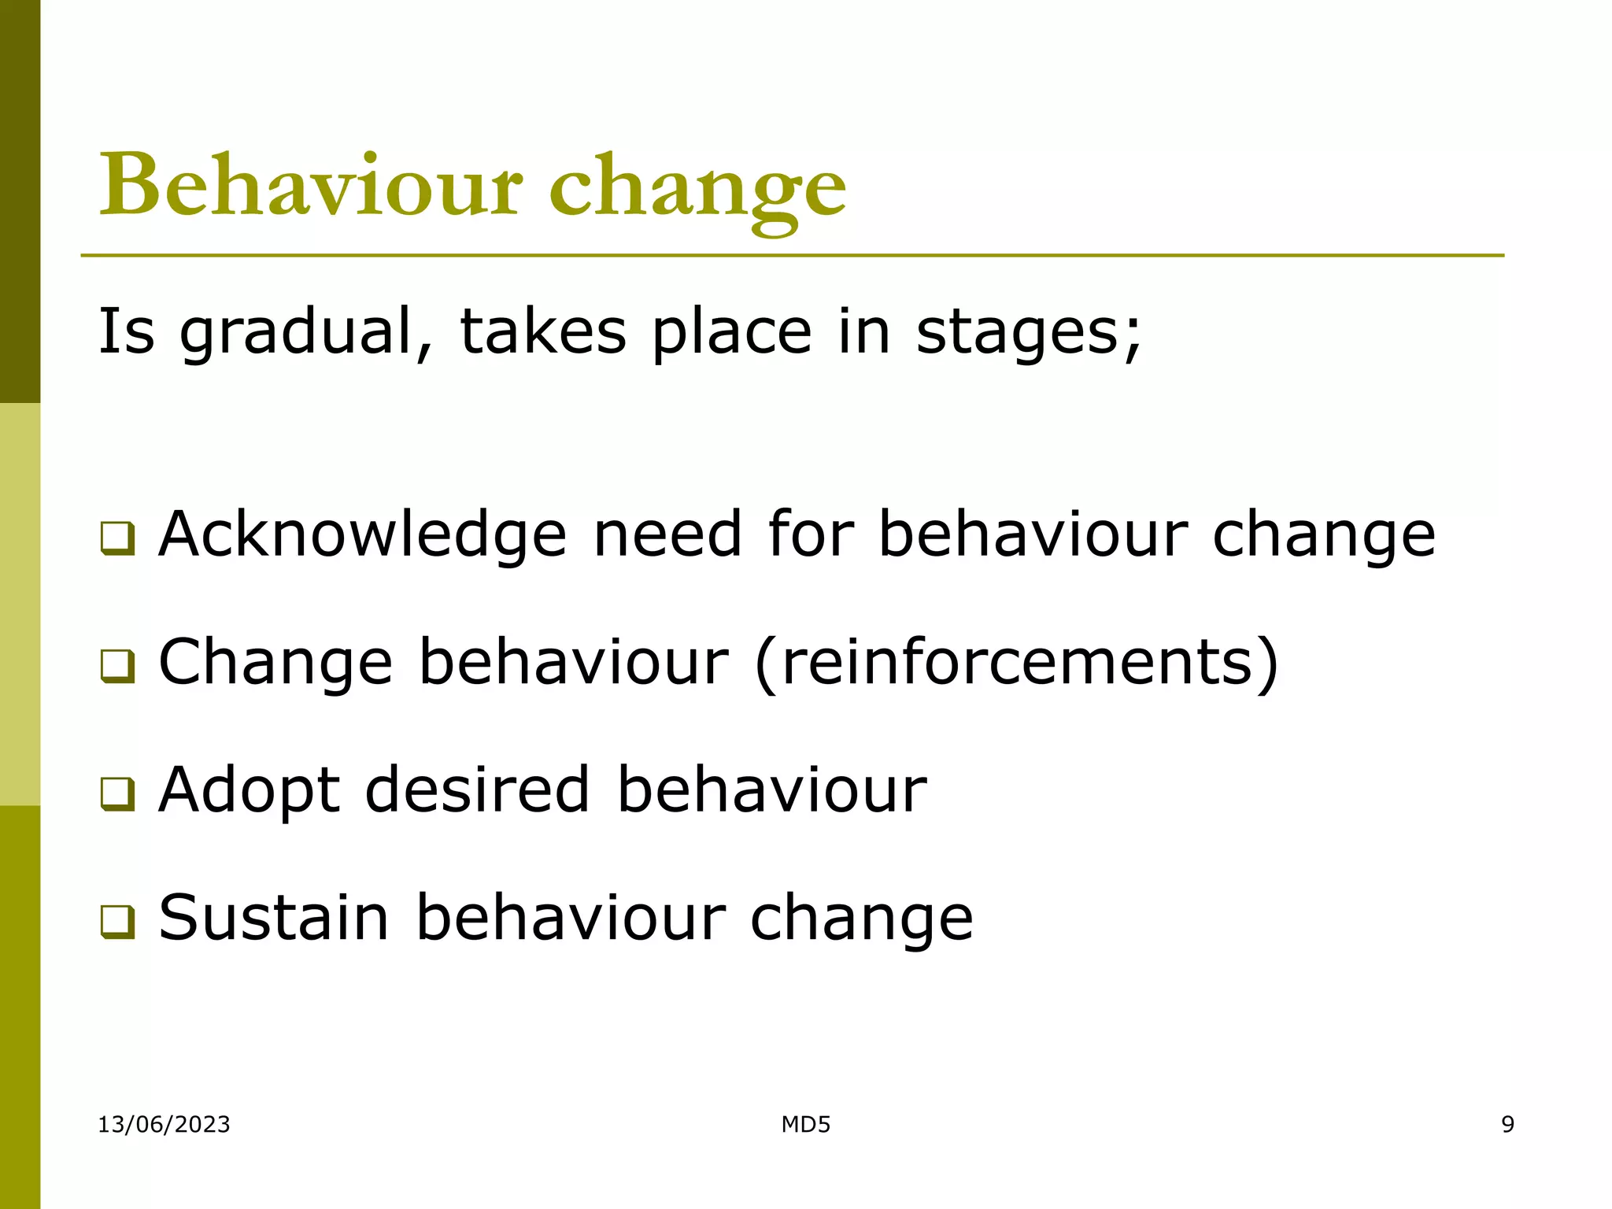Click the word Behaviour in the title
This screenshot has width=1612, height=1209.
click(x=310, y=186)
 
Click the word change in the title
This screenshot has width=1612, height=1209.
click(x=697, y=189)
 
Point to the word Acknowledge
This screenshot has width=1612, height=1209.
click(x=363, y=534)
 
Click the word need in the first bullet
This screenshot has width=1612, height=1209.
click(x=667, y=534)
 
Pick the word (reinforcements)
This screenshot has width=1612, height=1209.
click(x=1016, y=663)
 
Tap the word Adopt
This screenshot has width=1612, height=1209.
click(x=249, y=790)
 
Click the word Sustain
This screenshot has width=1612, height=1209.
click(x=274, y=917)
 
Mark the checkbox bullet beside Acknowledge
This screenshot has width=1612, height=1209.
click(x=117, y=539)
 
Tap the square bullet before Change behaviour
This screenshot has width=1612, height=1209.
click(x=117, y=667)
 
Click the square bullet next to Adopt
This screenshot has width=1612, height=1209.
click(x=117, y=794)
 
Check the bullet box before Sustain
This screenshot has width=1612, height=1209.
click(x=117, y=922)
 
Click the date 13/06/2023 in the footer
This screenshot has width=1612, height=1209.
click(x=164, y=1124)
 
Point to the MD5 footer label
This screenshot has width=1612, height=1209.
click(x=805, y=1124)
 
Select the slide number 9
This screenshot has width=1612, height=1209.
click(x=1507, y=1124)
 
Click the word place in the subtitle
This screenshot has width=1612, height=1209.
click(x=732, y=332)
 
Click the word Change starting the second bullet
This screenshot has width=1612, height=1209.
click(x=275, y=663)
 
